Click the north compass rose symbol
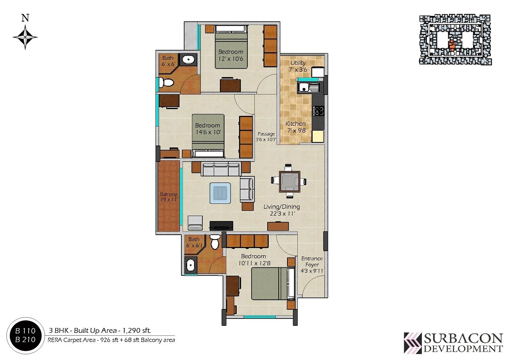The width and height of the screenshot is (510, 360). point(25,37)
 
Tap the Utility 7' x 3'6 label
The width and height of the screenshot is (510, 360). point(298,66)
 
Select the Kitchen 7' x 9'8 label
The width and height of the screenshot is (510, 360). point(296,127)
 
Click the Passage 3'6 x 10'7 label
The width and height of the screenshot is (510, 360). point(266,137)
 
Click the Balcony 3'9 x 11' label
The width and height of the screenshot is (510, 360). point(168,197)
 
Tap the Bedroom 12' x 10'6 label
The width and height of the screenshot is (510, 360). point(231,55)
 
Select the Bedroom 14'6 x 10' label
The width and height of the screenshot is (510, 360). point(207,129)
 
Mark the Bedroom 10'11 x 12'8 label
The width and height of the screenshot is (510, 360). point(253,259)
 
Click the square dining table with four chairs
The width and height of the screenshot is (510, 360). point(289,181)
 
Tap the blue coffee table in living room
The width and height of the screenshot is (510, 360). point(220,193)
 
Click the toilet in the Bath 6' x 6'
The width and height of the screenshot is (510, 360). point(167,82)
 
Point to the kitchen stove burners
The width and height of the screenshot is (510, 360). point(319,111)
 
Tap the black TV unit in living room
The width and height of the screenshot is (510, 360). point(221,226)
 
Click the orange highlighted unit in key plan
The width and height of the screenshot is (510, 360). point(452,45)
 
